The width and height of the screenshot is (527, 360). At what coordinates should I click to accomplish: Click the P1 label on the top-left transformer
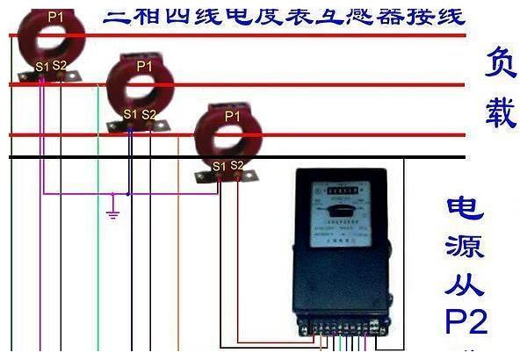[55, 15]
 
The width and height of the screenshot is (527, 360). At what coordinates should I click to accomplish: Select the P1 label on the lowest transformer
[233, 115]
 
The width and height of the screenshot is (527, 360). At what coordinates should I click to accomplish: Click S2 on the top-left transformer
[60, 65]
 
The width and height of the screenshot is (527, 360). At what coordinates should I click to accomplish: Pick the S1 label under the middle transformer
[130, 114]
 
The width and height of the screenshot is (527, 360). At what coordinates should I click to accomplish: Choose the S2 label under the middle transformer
[148, 114]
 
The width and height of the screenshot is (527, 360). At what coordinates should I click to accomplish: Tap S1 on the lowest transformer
[219, 164]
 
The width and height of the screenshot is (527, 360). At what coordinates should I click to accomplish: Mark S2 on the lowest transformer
[236, 164]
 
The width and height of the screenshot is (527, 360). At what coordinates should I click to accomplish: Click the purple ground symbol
[112, 213]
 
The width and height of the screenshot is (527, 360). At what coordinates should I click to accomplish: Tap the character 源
[466, 247]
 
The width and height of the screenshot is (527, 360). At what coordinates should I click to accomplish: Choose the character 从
[466, 285]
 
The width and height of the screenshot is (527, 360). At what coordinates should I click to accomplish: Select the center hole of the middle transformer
[141, 87]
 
